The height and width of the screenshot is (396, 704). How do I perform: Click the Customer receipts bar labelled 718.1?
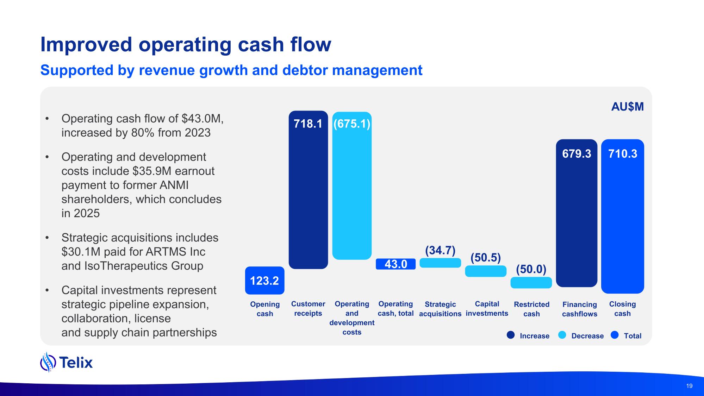coord(308,190)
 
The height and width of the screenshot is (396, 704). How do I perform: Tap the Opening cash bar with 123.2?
coord(264,281)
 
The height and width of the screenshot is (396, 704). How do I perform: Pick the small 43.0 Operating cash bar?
coord(395,264)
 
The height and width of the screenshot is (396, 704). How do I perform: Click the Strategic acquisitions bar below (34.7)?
coord(440,263)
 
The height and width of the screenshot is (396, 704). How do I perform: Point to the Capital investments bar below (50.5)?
coord(486,271)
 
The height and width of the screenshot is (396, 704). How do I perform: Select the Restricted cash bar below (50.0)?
coord(531,283)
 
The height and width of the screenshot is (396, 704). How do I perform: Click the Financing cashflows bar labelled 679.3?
coord(577,213)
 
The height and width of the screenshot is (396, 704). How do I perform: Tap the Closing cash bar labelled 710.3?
coord(622,216)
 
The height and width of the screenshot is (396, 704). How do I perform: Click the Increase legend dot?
coord(511,335)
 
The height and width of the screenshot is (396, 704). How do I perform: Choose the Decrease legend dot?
coord(562,335)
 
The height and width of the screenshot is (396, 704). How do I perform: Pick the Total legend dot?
coord(615,335)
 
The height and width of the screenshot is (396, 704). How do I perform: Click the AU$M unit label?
coord(627,107)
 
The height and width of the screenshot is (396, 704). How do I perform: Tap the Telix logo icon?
coord(48,362)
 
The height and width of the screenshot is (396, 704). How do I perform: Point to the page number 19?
coord(689,386)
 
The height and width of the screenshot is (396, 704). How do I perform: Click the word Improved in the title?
coord(86,45)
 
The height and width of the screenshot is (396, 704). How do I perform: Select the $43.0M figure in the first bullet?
coord(202,119)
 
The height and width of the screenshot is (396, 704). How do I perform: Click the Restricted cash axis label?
coord(531,309)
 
